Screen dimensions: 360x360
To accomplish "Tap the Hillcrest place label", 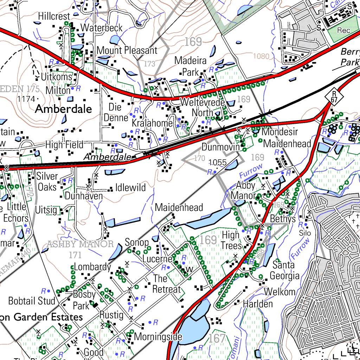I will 54,16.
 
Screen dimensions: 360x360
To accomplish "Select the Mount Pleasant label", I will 127,50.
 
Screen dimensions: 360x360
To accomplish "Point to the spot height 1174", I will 26,99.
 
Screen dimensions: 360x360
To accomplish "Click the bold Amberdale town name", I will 63,109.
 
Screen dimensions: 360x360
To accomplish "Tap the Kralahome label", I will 152,123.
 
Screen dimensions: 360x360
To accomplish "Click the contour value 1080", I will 261,56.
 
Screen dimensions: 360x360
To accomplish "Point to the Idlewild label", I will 130,188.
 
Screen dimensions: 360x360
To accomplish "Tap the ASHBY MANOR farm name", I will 81,244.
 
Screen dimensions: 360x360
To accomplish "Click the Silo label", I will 305,233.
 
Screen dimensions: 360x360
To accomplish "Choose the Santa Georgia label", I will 284,270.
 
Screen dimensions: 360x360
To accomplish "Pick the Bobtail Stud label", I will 32,301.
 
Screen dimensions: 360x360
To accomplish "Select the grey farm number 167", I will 217,339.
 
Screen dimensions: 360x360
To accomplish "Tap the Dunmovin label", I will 220,147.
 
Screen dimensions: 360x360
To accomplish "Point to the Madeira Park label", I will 191,66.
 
